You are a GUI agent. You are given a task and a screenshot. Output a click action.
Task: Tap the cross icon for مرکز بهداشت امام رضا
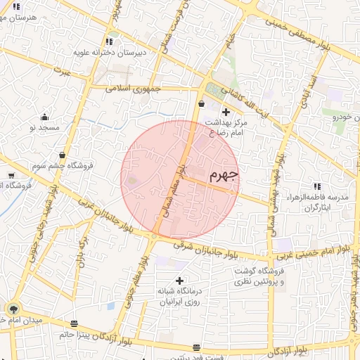coord(226,112)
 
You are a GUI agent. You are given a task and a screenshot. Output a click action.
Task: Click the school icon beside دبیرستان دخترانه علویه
coord(108,41)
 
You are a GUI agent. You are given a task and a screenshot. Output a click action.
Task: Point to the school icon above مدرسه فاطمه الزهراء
coord(317,187)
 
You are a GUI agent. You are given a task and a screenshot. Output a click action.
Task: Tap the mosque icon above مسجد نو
coord(45,117)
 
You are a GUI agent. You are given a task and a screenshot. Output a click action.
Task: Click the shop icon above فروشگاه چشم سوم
coord(63,155)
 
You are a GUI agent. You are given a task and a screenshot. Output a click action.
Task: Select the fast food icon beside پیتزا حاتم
coord(75,323)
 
